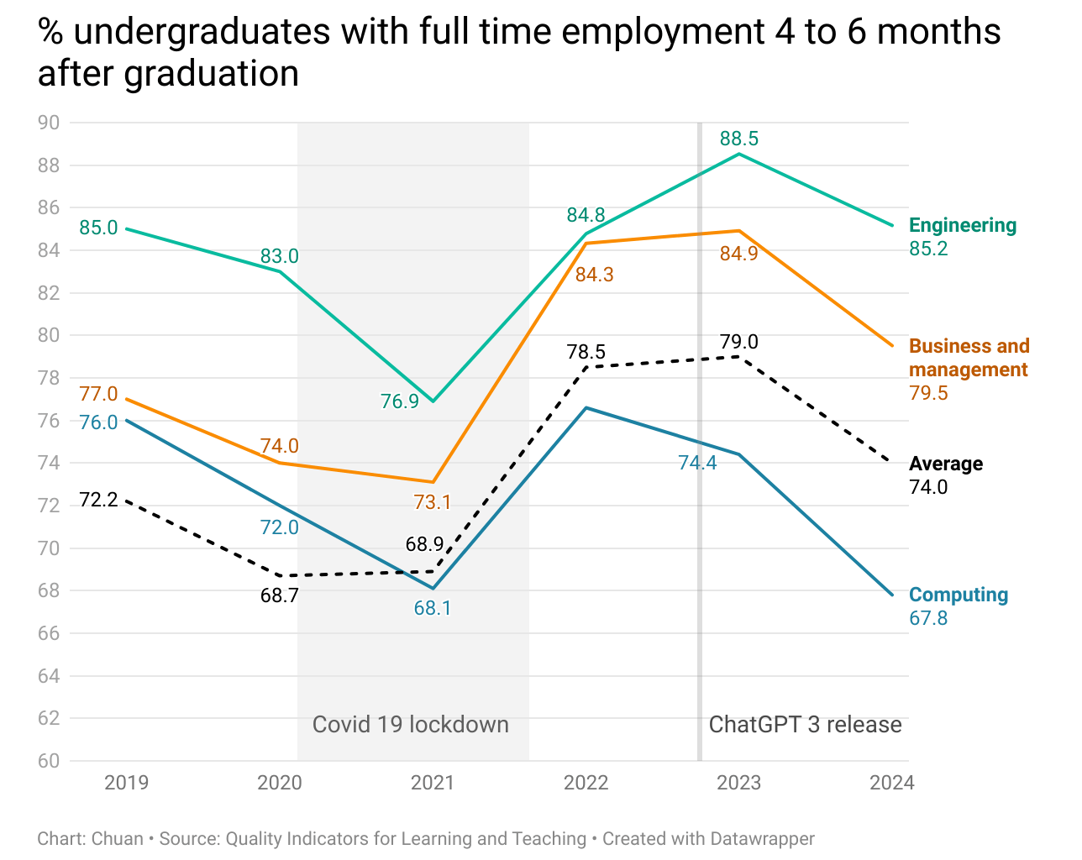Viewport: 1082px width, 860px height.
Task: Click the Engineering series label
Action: pos(963,225)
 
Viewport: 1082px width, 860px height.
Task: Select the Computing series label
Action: pos(959,595)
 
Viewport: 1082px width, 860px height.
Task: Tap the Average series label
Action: pos(946,464)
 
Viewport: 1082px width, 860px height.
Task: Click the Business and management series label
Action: pos(969,358)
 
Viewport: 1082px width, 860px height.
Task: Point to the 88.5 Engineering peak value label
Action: pos(739,139)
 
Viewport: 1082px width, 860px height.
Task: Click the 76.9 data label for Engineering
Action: pos(400,401)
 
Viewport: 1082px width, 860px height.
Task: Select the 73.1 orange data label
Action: pos(433,502)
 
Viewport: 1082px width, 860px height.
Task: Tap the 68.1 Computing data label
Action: pos(433,608)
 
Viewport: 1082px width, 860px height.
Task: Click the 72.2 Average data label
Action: pos(98,500)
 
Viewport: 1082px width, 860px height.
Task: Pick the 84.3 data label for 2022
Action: pos(594,275)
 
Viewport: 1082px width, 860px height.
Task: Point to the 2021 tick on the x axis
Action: pos(433,783)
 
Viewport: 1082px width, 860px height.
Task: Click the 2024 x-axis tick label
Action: pos(891,783)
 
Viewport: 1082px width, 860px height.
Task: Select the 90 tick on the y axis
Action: pos(49,123)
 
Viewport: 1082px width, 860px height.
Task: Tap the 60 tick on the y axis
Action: pos(49,761)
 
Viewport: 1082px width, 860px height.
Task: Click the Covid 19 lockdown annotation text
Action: pos(411,725)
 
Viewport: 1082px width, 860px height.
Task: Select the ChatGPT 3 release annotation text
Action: pos(805,725)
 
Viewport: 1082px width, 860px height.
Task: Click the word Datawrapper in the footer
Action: pos(762,838)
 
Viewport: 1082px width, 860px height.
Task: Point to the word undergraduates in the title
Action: pos(202,32)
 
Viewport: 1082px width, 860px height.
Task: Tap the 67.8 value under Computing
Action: pos(928,618)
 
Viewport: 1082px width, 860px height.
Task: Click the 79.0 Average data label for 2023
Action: pos(739,342)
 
